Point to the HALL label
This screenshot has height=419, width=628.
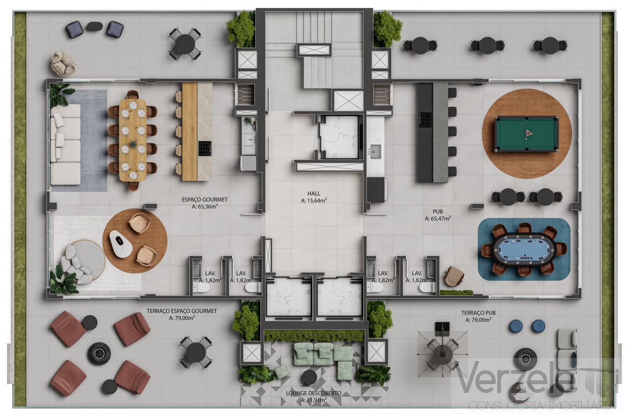pos(314,197)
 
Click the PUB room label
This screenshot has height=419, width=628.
pos(437,215)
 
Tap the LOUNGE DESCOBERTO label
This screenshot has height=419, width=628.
pos(314,396)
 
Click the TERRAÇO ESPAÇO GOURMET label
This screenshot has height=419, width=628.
pos(182,314)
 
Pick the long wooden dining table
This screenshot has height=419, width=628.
pos(133,140)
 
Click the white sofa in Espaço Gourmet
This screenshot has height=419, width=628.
pos(65,144)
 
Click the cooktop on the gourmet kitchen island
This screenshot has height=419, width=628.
pos(205,149)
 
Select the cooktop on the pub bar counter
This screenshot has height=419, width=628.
pos(425,120)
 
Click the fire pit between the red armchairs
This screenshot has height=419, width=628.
pos(99,353)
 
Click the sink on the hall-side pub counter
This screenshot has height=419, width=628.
pos(375,150)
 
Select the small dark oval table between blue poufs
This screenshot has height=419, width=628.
pos(94,27)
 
